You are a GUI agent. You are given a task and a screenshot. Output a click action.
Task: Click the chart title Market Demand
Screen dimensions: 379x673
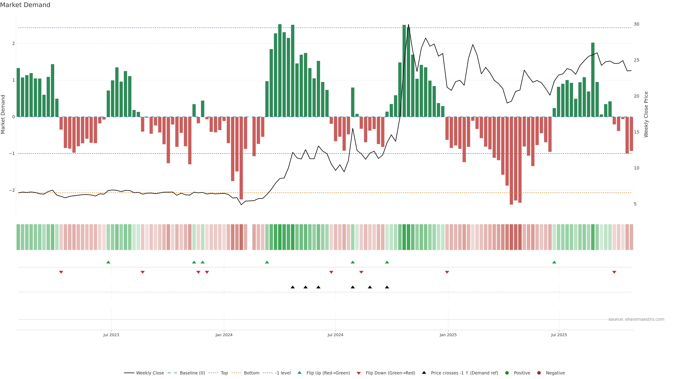point(25,5)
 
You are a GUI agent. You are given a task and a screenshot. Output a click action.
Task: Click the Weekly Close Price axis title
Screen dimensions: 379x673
point(646,114)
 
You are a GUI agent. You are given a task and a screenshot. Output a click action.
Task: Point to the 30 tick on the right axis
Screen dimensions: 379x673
point(636,24)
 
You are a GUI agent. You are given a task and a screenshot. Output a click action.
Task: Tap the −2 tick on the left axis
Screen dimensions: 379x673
point(12,190)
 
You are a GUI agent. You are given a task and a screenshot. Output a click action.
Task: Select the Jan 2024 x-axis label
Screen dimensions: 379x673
point(224,335)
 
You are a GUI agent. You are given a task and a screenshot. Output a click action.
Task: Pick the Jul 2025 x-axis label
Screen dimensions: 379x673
point(559,335)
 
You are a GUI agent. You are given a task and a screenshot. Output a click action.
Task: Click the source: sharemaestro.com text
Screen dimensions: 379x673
point(636,319)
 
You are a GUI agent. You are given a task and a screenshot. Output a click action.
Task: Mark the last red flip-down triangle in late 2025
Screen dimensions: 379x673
point(614,272)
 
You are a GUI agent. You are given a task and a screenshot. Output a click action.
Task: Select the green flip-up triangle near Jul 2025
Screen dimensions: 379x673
point(554,262)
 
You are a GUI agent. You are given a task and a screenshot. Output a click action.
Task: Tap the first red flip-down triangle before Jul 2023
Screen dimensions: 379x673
point(61,272)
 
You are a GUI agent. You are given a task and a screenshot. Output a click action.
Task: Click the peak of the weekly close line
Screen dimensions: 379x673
point(408,25)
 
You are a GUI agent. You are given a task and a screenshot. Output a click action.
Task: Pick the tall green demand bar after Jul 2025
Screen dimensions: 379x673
point(593,78)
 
